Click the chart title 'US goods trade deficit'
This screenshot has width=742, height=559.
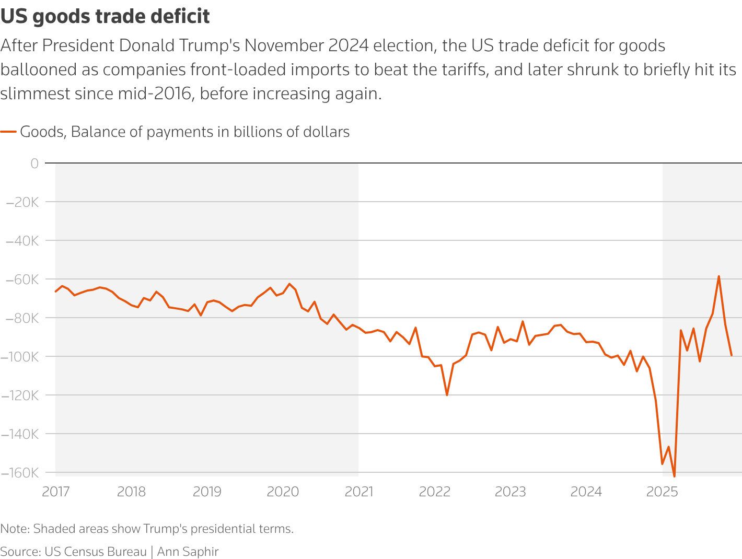click(x=105, y=17)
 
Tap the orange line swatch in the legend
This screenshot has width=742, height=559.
click(x=8, y=132)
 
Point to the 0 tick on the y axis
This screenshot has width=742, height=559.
click(x=34, y=164)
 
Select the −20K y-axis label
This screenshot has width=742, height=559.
click(x=22, y=202)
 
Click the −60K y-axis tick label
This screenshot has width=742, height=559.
click(x=22, y=279)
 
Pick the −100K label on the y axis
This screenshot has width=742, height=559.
click(x=20, y=357)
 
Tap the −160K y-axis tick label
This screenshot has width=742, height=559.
click(x=20, y=473)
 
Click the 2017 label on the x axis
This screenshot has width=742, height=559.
click(x=55, y=492)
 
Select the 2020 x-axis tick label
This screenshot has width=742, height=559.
click(x=283, y=492)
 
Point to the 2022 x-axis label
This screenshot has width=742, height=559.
click(x=434, y=492)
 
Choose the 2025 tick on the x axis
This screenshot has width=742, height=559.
click(x=662, y=492)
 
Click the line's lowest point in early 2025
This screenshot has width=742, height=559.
click(x=674, y=476)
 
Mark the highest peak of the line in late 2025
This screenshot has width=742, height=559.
click(x=718, y=276)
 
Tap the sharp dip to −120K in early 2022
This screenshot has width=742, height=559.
click(x=447, y=395)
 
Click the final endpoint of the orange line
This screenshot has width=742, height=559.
click(x=731, y=355)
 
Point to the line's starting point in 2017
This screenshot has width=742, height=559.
click(x=56, y=292)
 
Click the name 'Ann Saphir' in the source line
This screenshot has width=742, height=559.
click(x=188, y=552)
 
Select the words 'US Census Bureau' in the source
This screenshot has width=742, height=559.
click(x=96, y=552)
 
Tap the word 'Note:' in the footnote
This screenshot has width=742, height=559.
click(x=15, y=529)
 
